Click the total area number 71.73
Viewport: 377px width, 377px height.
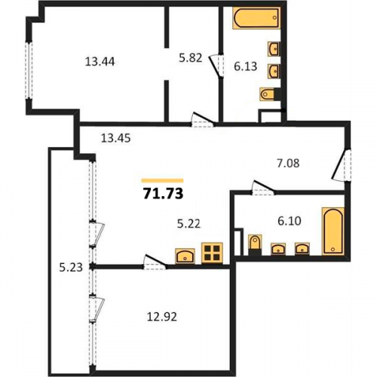[163, 194]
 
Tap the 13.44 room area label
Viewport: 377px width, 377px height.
[100, 62]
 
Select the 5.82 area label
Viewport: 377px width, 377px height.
[191, 58]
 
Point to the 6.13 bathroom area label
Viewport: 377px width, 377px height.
[246, 66]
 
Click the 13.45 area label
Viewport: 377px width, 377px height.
[115, 138]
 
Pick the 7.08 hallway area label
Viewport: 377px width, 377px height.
[288, 163]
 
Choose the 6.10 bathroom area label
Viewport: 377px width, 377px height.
[290, 221]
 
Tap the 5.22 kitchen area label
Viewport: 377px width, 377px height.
[188, 223]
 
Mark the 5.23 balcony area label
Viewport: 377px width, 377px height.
[71, 268]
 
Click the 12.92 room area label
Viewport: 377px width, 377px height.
[162, 317]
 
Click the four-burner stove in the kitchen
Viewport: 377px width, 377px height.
[212, 253]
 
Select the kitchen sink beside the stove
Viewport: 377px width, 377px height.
[185, 256]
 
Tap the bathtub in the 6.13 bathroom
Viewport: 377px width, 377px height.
[256, 18]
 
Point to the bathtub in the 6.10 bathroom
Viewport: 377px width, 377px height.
[333, 231]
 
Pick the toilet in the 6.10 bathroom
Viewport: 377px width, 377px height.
[255, 245]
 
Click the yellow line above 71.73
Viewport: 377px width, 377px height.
[162, 180]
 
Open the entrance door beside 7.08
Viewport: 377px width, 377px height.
[342, 165]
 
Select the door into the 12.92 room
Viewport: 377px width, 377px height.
[155, 262]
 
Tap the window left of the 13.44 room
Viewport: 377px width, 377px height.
[29, 70]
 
